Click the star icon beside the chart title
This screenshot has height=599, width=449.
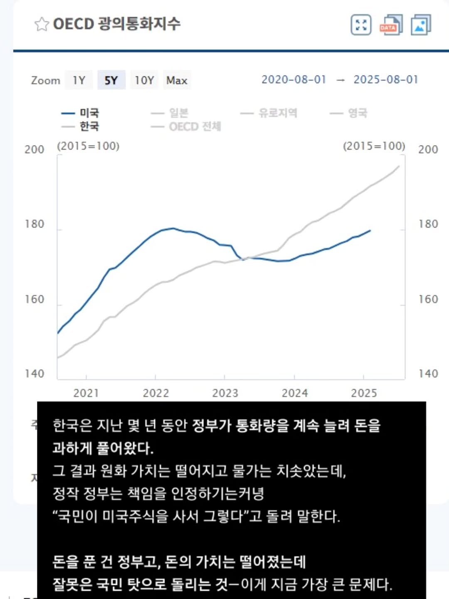point(41,24)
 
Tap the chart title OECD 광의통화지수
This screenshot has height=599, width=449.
point(116,24)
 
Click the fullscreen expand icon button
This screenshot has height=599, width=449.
point(361,25)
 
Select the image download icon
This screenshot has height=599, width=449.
point(421,25)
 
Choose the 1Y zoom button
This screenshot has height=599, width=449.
point(79,80)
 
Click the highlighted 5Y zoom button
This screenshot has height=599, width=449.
point(111,80)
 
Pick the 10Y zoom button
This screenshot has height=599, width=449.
point(144,80)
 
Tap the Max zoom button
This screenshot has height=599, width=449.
point(177,80)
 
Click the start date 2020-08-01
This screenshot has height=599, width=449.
point(294,79)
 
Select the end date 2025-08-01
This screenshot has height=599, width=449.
point(385,79)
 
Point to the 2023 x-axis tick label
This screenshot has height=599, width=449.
point(225,393)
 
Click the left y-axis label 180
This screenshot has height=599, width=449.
point(34,224)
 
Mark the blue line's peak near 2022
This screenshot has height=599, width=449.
point(173,228)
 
